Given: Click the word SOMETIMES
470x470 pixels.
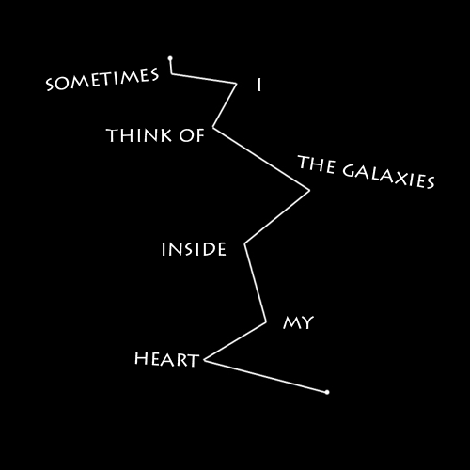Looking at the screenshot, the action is point(102,79).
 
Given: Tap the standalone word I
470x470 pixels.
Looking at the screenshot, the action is point(259,86).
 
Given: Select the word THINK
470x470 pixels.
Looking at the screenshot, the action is point(139,135).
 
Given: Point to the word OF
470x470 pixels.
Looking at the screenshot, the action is point(192,135).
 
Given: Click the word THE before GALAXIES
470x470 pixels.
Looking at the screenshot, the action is point(317,164).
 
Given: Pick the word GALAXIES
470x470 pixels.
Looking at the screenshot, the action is point(388,177).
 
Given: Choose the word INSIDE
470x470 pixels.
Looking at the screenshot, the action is point(194,249).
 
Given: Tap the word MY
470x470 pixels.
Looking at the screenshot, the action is point(298,322).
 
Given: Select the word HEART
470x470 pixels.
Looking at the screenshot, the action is point(166,359).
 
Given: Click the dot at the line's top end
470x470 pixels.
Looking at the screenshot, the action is point(170,58).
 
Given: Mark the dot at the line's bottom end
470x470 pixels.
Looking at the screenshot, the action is point(327,392).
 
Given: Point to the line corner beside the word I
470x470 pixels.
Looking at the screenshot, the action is point(236,84).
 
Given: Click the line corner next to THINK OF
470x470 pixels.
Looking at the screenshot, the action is point(213,127).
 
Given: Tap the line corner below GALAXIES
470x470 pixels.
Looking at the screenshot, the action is point(309,190).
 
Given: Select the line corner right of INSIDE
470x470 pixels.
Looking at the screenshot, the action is point(245,243).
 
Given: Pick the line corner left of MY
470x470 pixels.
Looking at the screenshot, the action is point(266,321).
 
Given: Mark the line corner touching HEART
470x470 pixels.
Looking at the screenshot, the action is point(205,360).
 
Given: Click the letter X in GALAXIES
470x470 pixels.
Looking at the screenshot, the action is point(402,179).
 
